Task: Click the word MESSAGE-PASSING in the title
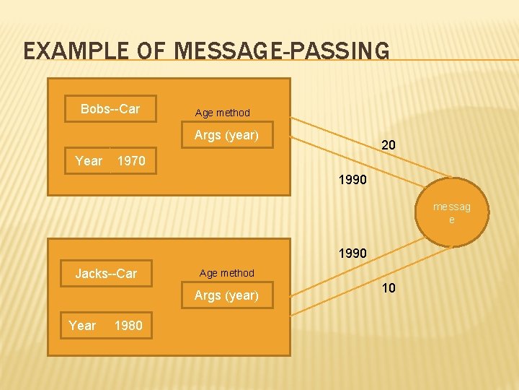[281, 51]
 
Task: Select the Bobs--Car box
[110, 109]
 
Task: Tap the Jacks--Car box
[106, 274]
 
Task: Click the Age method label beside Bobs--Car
[223, 113]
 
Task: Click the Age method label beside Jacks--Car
[227, 273]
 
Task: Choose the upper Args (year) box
[226, 135]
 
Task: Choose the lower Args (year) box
[226, 295]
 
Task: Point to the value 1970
[131, 161]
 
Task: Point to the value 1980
[128, 326]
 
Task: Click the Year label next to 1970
[89, 161]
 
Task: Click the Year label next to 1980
[82, 326]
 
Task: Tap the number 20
[388, 146]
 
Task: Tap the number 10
[389, 288]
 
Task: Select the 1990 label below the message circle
[353, 253]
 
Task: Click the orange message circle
[451, 213]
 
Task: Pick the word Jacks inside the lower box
[90, 274]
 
